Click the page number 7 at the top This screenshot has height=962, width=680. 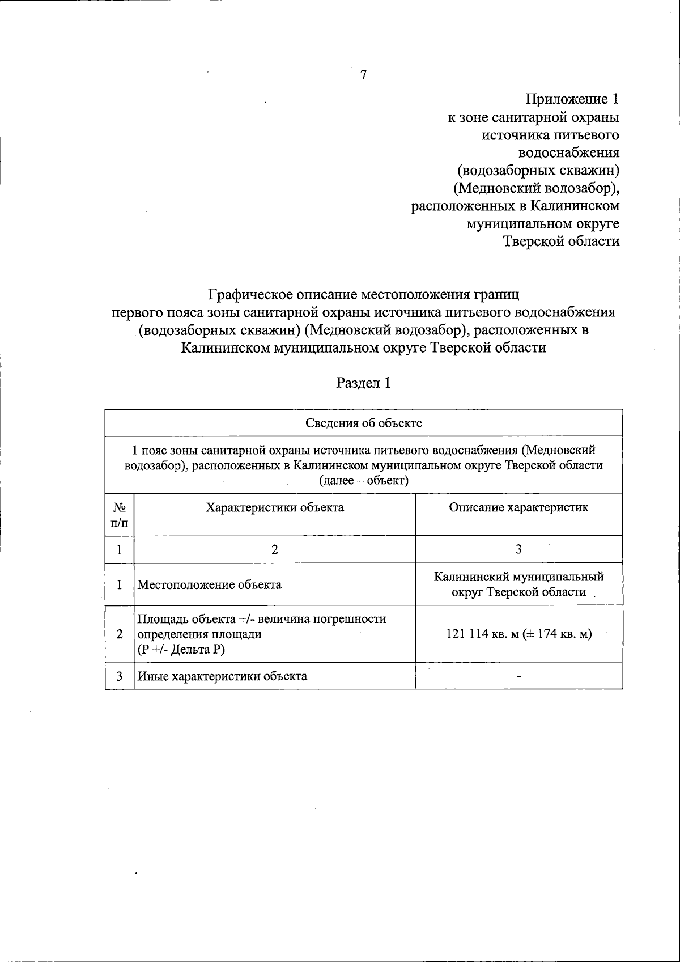364,75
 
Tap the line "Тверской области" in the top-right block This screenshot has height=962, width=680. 561,241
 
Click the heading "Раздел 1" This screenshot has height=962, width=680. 363,383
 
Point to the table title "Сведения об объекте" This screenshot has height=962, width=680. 364,423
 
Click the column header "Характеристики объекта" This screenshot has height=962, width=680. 274,507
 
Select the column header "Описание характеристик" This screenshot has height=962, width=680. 518,507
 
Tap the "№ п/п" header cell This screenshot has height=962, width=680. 120,515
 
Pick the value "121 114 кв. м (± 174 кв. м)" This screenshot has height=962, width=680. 519,634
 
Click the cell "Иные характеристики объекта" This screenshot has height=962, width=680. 222,676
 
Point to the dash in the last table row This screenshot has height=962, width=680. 519,676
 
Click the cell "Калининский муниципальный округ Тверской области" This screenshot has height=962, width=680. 518,584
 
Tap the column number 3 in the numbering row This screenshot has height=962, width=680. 518,549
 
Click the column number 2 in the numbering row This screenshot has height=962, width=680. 274,549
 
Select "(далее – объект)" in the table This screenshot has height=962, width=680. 363,481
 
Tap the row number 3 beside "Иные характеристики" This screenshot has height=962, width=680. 120,676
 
